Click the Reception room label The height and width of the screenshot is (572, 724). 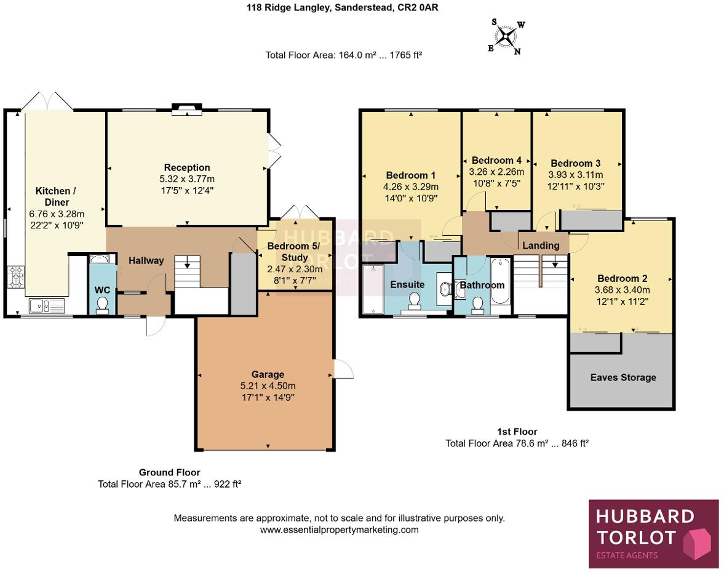(187, 167)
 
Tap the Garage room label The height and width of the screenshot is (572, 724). (268, 374)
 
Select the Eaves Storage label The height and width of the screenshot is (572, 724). (623, 377)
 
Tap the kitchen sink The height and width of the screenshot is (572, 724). (46, 304)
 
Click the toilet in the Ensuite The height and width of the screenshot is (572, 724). (415, 300)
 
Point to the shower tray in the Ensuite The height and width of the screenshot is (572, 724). (373, 289)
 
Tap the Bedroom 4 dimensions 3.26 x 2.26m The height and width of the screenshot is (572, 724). (496, 172)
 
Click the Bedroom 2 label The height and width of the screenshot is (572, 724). (622, 278)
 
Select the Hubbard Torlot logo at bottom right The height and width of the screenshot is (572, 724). (653, 533)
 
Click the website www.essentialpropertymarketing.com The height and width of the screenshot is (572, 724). (339, 530)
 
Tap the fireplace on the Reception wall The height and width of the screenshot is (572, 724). (186, 110)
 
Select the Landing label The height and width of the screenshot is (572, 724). (541, 245)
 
